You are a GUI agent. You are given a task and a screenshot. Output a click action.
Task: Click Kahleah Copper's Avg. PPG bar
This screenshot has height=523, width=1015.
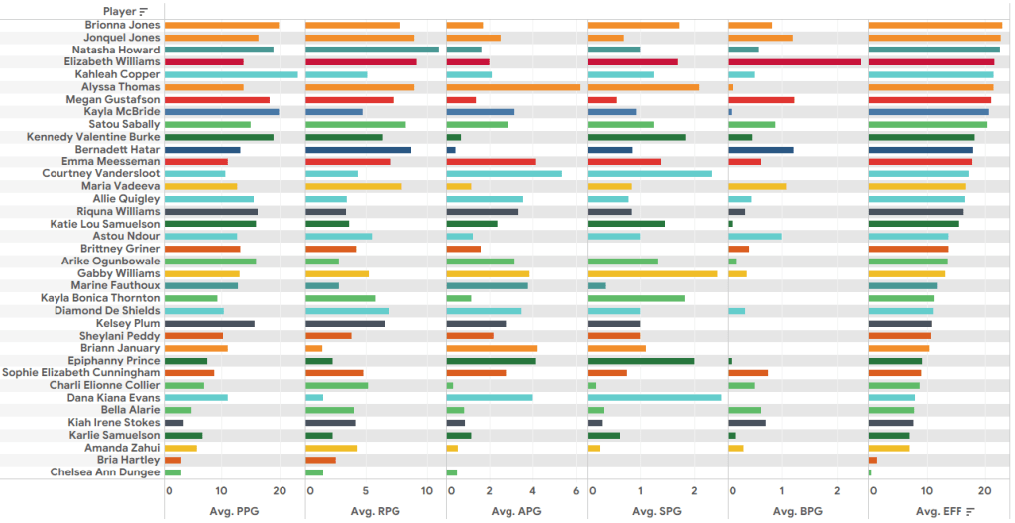coord(231,74)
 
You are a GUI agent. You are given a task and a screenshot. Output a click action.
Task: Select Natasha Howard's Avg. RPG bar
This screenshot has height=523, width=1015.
coord(372,50)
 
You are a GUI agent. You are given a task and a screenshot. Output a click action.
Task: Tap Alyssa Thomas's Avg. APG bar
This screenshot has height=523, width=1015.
coord(513,87)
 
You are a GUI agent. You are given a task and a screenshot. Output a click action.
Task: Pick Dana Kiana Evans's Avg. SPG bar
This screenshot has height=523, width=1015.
coord(654,397)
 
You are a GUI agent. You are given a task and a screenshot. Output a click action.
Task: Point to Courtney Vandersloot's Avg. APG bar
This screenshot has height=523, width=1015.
coord(505,174)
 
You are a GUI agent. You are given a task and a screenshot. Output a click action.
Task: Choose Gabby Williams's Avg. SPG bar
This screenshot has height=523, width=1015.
coord(652,273)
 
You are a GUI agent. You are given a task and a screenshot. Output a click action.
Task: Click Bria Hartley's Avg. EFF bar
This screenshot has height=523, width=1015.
coord(873,460)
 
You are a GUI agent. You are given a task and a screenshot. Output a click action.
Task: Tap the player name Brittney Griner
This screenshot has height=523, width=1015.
coord(119,249)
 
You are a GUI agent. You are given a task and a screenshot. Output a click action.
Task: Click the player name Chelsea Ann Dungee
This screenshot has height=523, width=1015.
coord(105,472)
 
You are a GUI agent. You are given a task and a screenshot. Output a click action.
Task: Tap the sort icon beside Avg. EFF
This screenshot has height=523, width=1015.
coord(970,511)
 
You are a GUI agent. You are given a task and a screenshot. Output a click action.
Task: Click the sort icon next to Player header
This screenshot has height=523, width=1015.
coord(143,11)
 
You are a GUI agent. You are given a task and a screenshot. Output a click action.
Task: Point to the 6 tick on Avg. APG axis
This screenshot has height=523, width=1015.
coord(576,491)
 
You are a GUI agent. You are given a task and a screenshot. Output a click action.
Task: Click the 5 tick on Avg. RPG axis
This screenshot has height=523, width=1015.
coord(367,491)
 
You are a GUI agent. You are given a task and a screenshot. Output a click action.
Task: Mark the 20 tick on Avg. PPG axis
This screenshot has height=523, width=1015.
coord(279,491)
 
